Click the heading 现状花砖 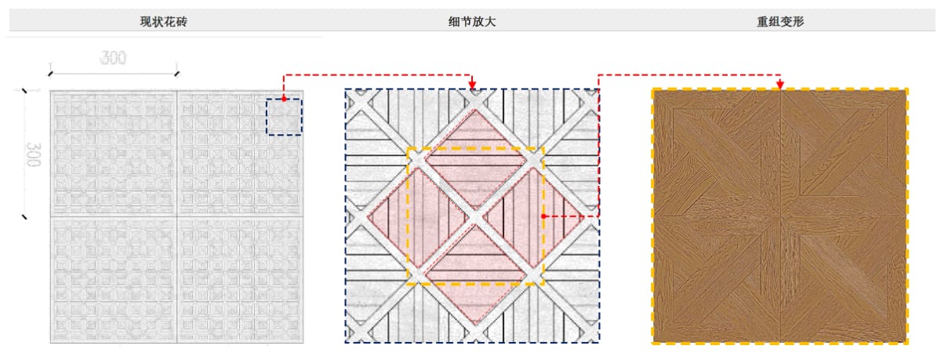[x=163, y=21]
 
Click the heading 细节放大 [x=472, y=21]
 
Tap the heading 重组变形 [x=780, y=21]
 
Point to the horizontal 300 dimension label [x=113, y=57]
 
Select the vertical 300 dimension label [x=34, y=155]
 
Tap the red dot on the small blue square [x=284, y=99]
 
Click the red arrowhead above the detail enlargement [x=472, y=84]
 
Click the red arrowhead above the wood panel [x=780, y=84]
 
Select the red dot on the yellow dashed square [x=543, y=216]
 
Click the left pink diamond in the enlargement [x=417, y=217]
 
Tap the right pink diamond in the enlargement [x=532, y=217]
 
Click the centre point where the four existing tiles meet [x=177, y=216]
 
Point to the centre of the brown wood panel [x=780, y=216]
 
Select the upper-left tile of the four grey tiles [x=114, y=154]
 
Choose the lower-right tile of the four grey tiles [x=240, y=280]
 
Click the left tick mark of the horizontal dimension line [x=50, y=74]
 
